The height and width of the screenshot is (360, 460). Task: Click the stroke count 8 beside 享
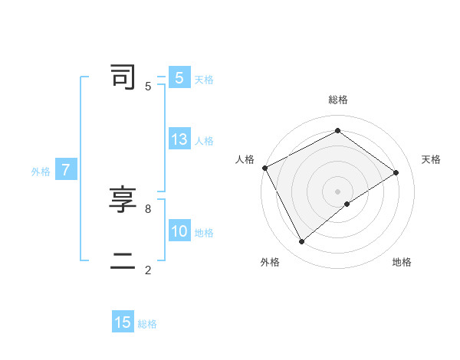point(147,208)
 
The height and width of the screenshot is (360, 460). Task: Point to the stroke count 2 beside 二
point(147,270)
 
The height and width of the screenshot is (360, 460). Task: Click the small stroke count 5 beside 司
point(147,87)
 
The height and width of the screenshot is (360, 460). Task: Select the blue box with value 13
point(179,139)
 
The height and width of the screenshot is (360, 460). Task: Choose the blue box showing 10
point(179,231)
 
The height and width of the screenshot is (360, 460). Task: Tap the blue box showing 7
point(66,170)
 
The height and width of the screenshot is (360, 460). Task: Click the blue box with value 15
point(123,322)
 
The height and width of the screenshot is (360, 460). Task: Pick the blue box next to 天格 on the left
point(179,78)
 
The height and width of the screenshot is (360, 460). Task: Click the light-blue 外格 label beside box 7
point(41,172)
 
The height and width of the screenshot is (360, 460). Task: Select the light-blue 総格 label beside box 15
point(147,324)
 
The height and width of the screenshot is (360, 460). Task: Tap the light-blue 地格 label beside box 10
point(204,233)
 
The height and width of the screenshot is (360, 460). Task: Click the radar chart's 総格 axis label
point(337,100)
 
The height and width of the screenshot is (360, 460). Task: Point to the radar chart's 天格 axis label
point(432,159)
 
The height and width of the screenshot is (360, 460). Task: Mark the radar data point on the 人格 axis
point(264,168)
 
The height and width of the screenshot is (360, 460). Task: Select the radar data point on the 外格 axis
point(301,242)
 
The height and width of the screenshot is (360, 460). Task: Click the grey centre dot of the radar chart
point(337,191)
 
